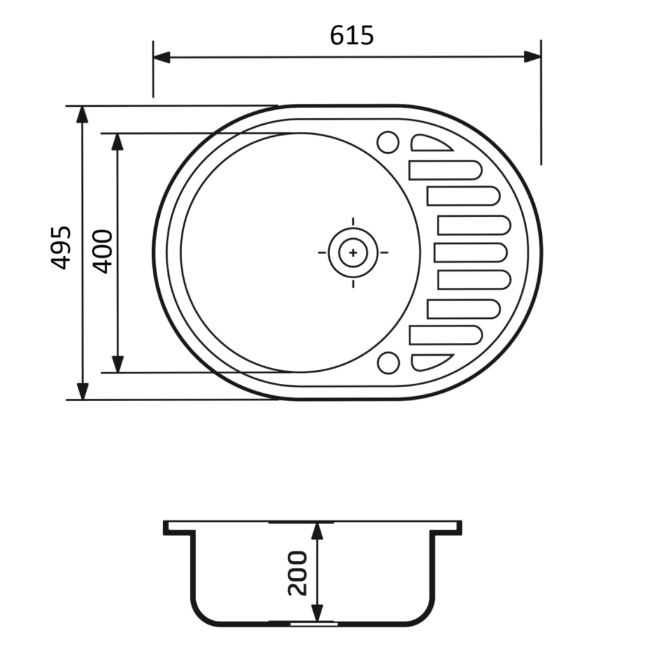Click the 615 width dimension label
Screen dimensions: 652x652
click(351, 36)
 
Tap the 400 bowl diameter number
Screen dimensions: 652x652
click(103, 251)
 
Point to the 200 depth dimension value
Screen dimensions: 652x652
click(297, 573)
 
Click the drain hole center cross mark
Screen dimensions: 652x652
click(353, 252)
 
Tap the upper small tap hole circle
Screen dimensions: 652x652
click(388, 142)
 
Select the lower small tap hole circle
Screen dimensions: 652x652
click(388, 362)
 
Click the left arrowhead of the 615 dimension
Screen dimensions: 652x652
click(162, 57)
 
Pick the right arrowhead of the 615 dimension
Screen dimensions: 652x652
click(532, 57)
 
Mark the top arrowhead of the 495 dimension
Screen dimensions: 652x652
click(83, 115)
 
